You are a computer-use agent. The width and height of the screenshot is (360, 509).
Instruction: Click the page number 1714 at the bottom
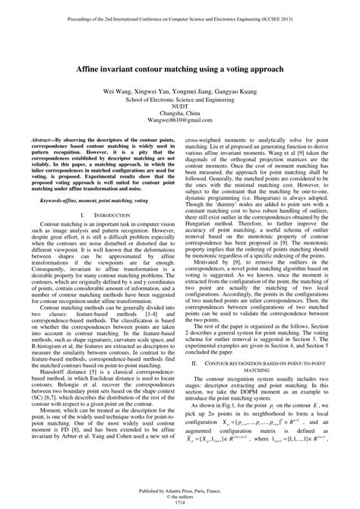click(180, 504)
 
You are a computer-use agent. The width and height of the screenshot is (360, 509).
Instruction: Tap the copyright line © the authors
click(180, 497)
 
